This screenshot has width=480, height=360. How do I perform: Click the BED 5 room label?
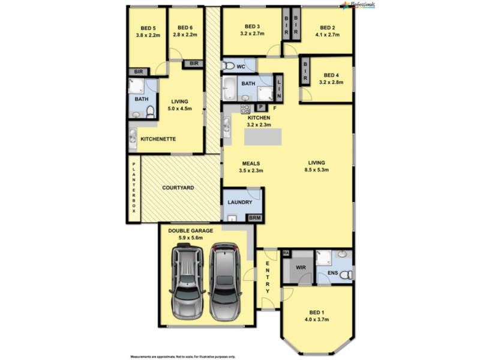click(148, 28)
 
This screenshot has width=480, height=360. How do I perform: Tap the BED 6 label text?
click(185, 28)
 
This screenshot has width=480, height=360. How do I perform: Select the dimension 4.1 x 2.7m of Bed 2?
click(327, 35)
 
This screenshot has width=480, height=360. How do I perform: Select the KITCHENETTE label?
click(158, 139)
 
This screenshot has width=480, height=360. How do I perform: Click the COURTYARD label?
click(178, 188)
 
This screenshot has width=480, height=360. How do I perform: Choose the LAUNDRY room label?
click(239, 202)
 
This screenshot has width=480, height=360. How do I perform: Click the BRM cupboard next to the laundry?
click(254, 218)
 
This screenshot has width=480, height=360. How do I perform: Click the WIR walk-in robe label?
click(302, 268)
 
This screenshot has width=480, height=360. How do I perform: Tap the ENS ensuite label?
click(334, 274)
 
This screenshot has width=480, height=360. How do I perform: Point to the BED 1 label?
click(317, 313)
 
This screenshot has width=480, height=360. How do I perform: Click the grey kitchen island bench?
click(263, 137)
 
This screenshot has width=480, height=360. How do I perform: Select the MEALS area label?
click(250, 163)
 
